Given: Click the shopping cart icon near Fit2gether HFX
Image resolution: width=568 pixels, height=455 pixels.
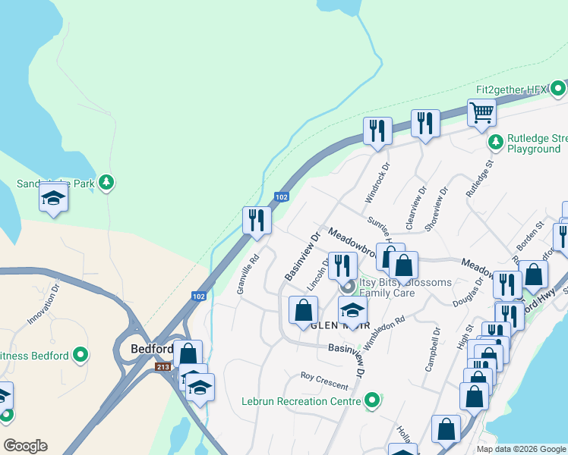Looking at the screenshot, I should pos(481,113).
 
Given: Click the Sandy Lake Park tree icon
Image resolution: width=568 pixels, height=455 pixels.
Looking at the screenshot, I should pos(107,183).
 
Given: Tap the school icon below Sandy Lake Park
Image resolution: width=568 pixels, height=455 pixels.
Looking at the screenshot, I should pos(53,199).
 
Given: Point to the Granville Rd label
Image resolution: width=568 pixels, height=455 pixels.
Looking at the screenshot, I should pos(248,274).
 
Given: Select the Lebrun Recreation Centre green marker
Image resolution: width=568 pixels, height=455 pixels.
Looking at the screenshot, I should pos(372,400).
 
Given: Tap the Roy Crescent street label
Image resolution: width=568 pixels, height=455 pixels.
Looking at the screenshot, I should pos(324,381).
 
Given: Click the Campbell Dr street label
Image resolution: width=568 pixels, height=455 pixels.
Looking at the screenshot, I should pos(432,347).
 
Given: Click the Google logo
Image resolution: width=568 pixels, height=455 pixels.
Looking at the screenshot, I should pos(25,446).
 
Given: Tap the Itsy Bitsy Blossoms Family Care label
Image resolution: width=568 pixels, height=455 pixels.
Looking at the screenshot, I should pos(405,287).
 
